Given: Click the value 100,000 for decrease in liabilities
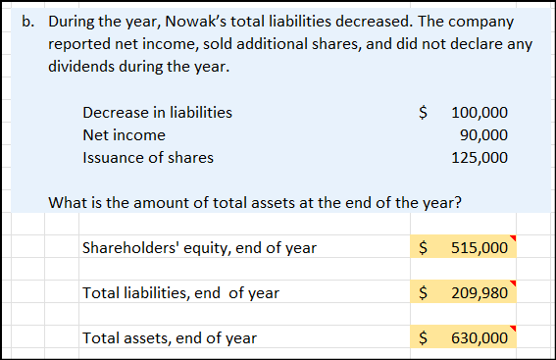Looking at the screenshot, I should tap(480, 112).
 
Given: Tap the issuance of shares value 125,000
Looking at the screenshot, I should tap(480, 157).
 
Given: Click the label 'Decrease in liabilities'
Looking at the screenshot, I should tap(158, 112).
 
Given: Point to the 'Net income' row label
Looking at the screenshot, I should tap(124, 134).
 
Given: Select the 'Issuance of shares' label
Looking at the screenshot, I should tap(147, 157).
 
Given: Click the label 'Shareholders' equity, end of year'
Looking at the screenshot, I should tap(199, 247).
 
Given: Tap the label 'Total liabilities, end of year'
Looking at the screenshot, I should tap(180, 292).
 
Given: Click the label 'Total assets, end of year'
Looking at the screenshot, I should tap(170, 337).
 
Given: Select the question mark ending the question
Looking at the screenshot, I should tap(460, 203).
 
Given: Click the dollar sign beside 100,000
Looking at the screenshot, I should tap(423, 112).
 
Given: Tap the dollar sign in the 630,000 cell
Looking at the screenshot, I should tap(423, 337).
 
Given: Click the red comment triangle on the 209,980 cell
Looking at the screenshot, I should tap(512, 284).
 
